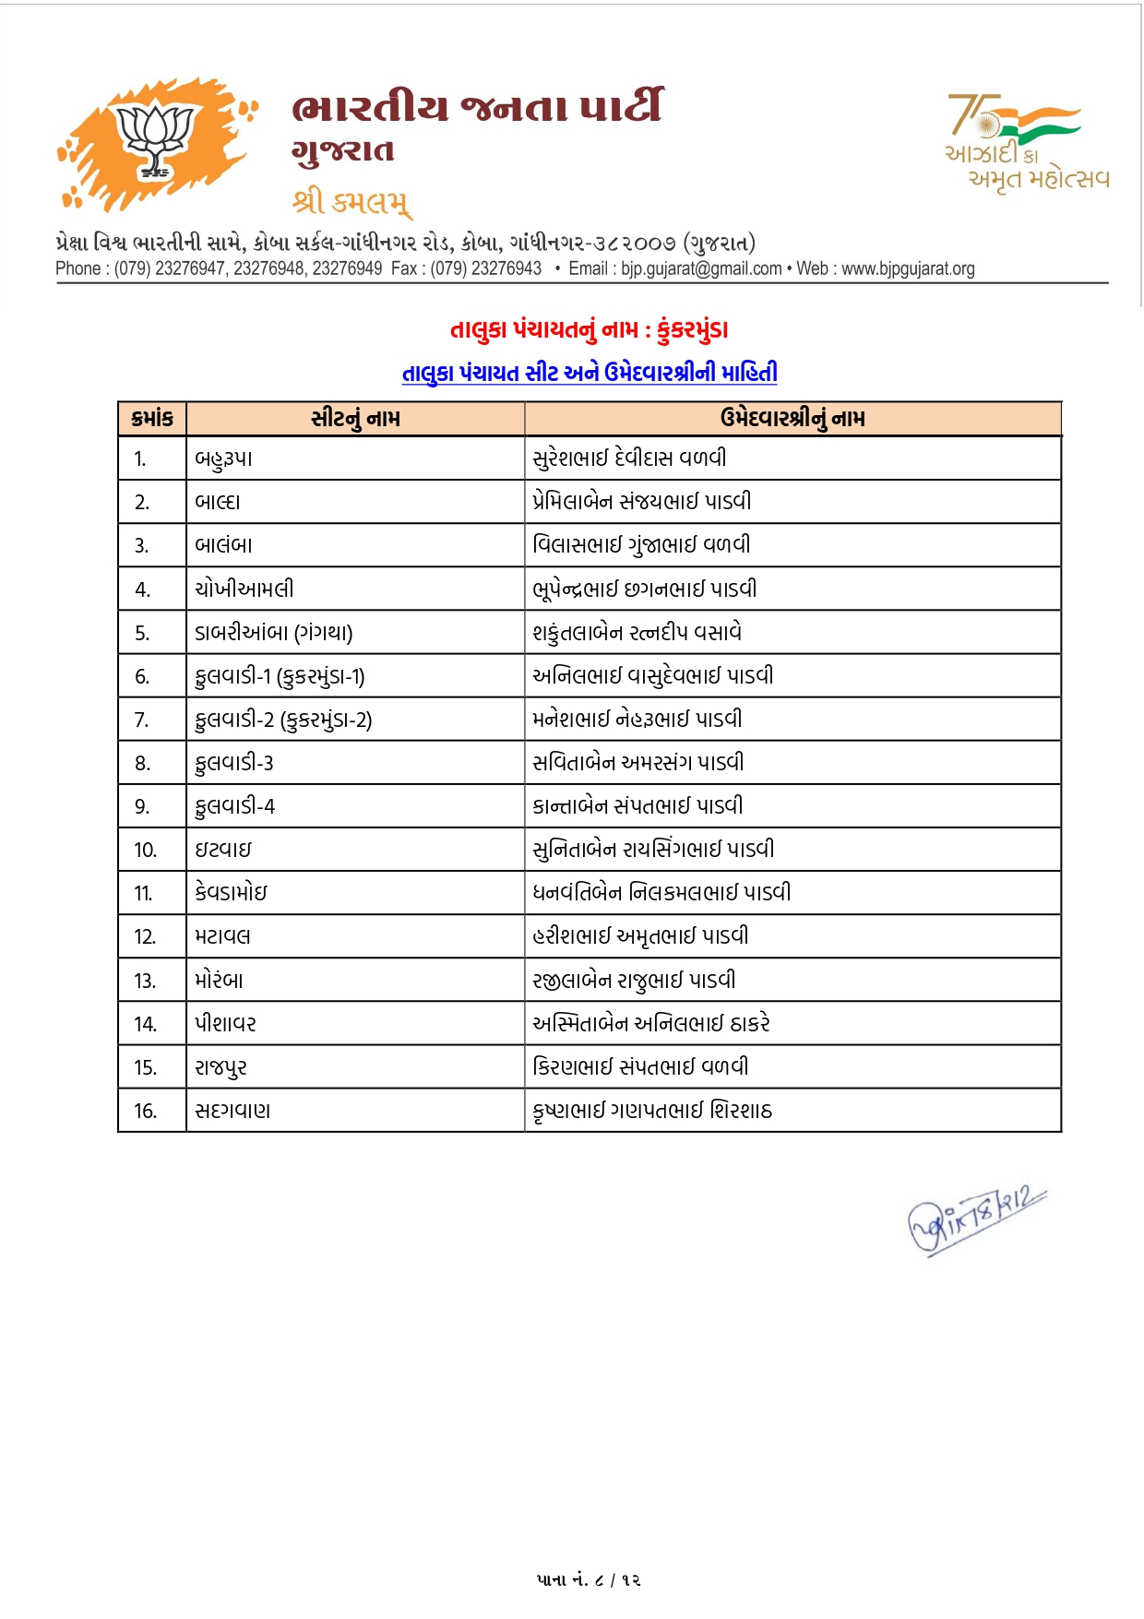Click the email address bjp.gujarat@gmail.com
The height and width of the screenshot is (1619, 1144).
(x=700, y=269)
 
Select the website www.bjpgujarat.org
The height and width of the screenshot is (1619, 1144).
(x=908, y=269)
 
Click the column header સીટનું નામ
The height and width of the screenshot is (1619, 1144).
(x=355, y=419)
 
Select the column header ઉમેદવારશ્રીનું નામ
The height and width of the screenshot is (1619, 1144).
(x=792, y=419)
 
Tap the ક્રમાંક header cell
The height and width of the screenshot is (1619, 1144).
(x=152, y=419)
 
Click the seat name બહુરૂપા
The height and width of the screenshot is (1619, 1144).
(x=223, y=458)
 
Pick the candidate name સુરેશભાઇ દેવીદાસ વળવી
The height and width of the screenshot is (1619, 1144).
(x=629, y=458)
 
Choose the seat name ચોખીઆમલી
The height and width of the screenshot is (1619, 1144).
(x=244, y=589)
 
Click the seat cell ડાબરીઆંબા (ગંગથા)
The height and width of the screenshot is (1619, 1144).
(x=274, y=633)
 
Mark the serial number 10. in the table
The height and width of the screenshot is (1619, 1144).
(x=145, y=850)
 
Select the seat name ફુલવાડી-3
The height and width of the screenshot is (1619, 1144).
(x=234, y=763)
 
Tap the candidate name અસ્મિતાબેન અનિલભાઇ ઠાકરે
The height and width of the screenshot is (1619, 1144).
(x=651, y=1024)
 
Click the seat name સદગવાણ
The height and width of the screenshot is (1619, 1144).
(x=232, y=1111)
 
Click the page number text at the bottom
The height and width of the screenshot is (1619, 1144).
(x=589, y=1579)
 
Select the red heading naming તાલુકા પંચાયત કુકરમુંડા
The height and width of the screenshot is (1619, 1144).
(x=589, y=329)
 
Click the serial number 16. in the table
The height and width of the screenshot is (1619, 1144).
(x=145, y=1111)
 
